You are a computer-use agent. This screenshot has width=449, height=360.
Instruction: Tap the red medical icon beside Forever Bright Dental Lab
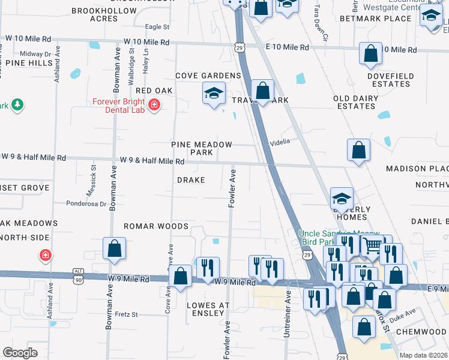[x=154, y=105]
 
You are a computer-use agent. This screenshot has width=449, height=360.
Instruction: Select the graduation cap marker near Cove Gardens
[x=214, y=94]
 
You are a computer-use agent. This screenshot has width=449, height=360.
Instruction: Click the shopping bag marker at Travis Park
[x=262, y=91]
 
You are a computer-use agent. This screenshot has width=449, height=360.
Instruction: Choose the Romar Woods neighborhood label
[x=156, y=226]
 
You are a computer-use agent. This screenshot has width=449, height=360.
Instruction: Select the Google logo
[x=20, y=353]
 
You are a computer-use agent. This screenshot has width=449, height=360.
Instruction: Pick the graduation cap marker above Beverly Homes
[x=342, y=198]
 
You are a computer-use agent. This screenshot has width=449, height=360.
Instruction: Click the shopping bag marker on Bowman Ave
[x=114, y=248]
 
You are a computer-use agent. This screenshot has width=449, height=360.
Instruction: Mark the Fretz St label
[x=126, y=314]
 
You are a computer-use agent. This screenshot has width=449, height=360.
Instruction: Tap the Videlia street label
[x=280, y=142]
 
